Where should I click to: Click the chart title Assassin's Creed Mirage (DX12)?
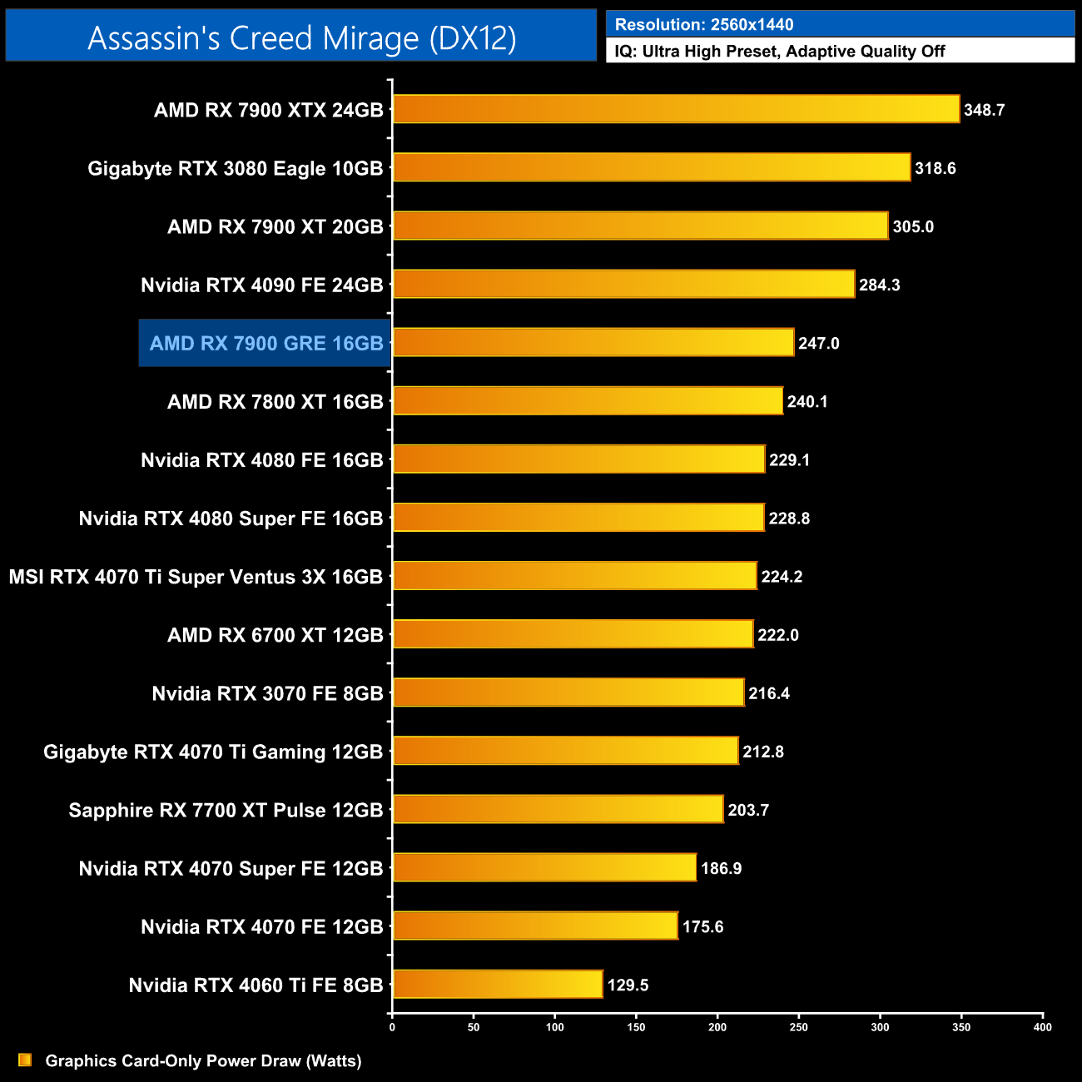pyautogui.click(x=301, y=38)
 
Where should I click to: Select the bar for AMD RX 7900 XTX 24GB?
pyautogui.click(x=676, y=109)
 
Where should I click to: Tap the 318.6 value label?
pyautogui.click(x=935, y=168)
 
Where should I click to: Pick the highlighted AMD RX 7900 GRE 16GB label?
pyautogui.click(x=266, y=343)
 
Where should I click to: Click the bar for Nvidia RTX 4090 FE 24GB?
pyautogui.click(x=623, y=285)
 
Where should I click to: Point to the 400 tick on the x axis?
pyautogui.click(x=1042, y=1027)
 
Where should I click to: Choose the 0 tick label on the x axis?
pyautogui.click(x=392, y=1027)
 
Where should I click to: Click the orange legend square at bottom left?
pyautogui.click(x=25, y=1060)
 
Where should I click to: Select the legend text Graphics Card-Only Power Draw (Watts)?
pyautogui.click(x=203, y=1060)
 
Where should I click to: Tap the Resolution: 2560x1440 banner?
pyautogui.click(x=840, y=24)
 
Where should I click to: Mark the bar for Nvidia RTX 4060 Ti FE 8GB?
pyautogui.click(x=498, y=984)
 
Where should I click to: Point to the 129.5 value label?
pyautogui.click(x=628, y=985)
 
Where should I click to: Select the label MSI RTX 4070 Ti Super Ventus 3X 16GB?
pyautogui.click(x=196, y=577)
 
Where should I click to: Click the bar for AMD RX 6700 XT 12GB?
pyautogui.click(x=573, y=634)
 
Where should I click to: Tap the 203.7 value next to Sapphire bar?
pyautogui.click(x=748, y=810)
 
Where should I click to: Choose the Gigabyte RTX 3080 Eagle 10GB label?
pyautogui.click(x=236, y=168)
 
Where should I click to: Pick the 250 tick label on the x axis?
pyautogui.click(x=798, y=1027)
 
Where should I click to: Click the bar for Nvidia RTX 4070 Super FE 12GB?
pyautogui.click(x=544, y=867)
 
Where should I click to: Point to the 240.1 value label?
pyautogui.click(x=807, y=402)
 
